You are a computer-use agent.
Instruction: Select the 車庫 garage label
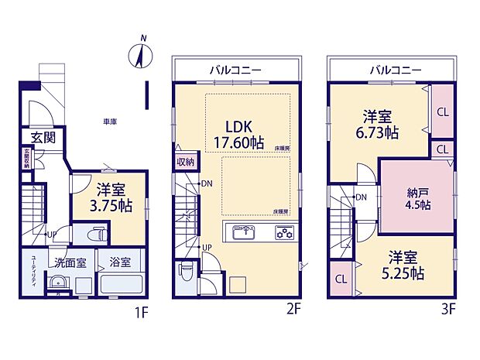110,122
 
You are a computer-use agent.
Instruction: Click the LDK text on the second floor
238,126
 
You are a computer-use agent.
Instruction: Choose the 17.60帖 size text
238,142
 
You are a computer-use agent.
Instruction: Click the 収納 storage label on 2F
186,162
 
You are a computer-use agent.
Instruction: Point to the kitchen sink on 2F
242,231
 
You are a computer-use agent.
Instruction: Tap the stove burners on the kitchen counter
283,231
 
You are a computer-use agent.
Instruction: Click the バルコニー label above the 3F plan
395,70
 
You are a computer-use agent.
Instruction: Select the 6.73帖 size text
381,132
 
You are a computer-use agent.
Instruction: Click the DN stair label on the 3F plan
361,197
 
